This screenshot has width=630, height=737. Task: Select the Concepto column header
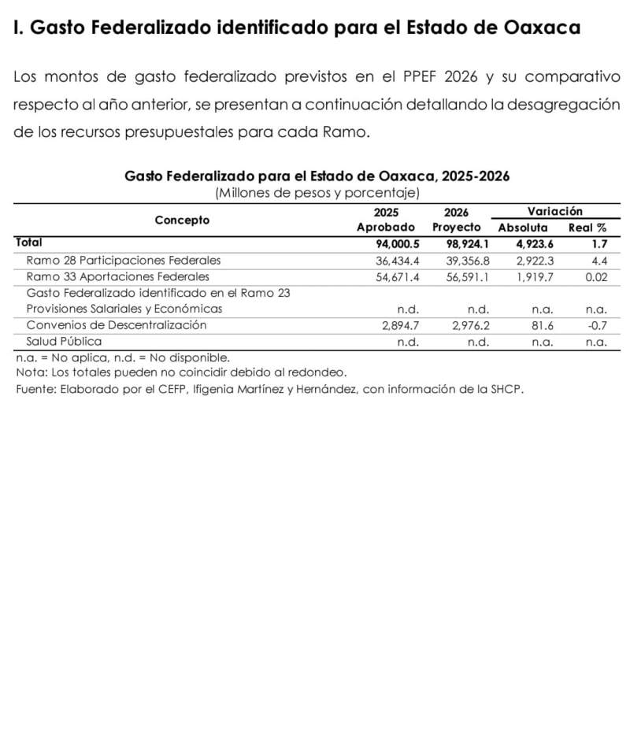click(x=182, y=220)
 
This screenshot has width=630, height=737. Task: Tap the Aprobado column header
click(x=386, y=228)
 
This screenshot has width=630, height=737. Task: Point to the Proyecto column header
click(x=456, y=228)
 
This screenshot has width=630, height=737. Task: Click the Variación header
click(x=554, y=212)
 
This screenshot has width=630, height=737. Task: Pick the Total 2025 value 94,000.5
click(x=398, y=244)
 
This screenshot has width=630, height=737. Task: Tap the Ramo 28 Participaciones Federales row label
click(x=124, y=260)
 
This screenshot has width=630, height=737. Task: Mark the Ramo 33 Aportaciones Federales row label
click(x=118, y=276)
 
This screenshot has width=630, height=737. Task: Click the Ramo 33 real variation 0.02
click(x=596, y=276)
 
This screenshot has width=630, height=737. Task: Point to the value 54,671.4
click(x=398, y=276)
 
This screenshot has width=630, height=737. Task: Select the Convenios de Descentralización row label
click(x=116, y=324)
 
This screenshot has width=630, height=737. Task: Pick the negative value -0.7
click(x=597, y=324)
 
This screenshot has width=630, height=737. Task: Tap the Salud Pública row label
click(x=64, y=341)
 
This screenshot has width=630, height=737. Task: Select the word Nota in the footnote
click(x=30, y=372)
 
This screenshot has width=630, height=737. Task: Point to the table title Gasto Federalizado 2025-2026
click(x=317, y=176)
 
